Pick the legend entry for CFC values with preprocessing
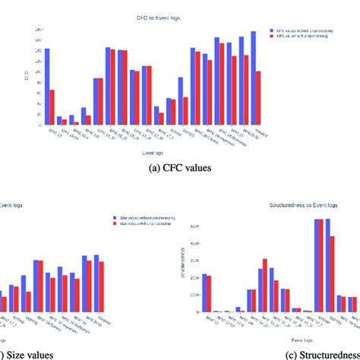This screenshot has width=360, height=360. pyautogui.click(x=300, y=38)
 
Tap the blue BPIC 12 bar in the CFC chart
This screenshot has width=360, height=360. pyautogui.click(x=47, y=87)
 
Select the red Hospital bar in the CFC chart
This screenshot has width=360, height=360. pyautogui.click(x=258, y=98)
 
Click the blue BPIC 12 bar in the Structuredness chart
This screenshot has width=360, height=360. pyautogui.click(x=204, y=293)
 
